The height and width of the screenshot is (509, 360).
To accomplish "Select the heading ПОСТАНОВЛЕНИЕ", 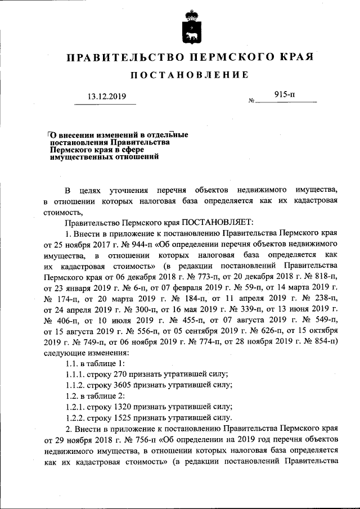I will [190, 75].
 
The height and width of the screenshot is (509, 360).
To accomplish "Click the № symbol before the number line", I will [251, 102].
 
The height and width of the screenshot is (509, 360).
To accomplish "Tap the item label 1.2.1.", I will [76, 406].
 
